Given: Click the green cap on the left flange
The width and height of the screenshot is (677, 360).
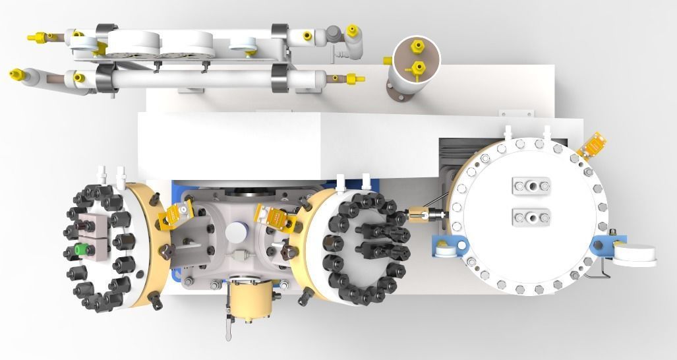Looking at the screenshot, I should coord(80,250).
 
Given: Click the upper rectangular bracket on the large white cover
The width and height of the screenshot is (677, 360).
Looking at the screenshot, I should coord(531,185).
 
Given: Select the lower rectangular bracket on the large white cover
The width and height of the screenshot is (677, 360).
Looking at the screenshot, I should coord(531,216).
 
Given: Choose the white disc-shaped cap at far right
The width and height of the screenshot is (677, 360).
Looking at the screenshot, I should coord(635,253).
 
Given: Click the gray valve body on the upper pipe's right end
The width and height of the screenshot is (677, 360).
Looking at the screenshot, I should coord(335,33).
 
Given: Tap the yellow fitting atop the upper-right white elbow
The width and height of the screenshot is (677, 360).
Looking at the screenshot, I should coord(352,30).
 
